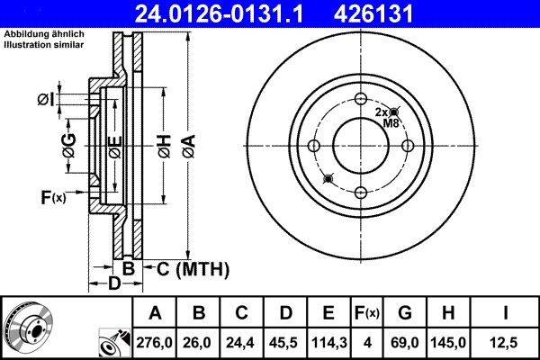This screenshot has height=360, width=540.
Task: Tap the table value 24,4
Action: click(241, 343)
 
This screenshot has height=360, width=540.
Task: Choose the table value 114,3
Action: click(328, 343)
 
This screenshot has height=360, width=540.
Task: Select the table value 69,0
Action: click(405, 343)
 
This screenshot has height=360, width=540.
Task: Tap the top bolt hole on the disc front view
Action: click(360, 100)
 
